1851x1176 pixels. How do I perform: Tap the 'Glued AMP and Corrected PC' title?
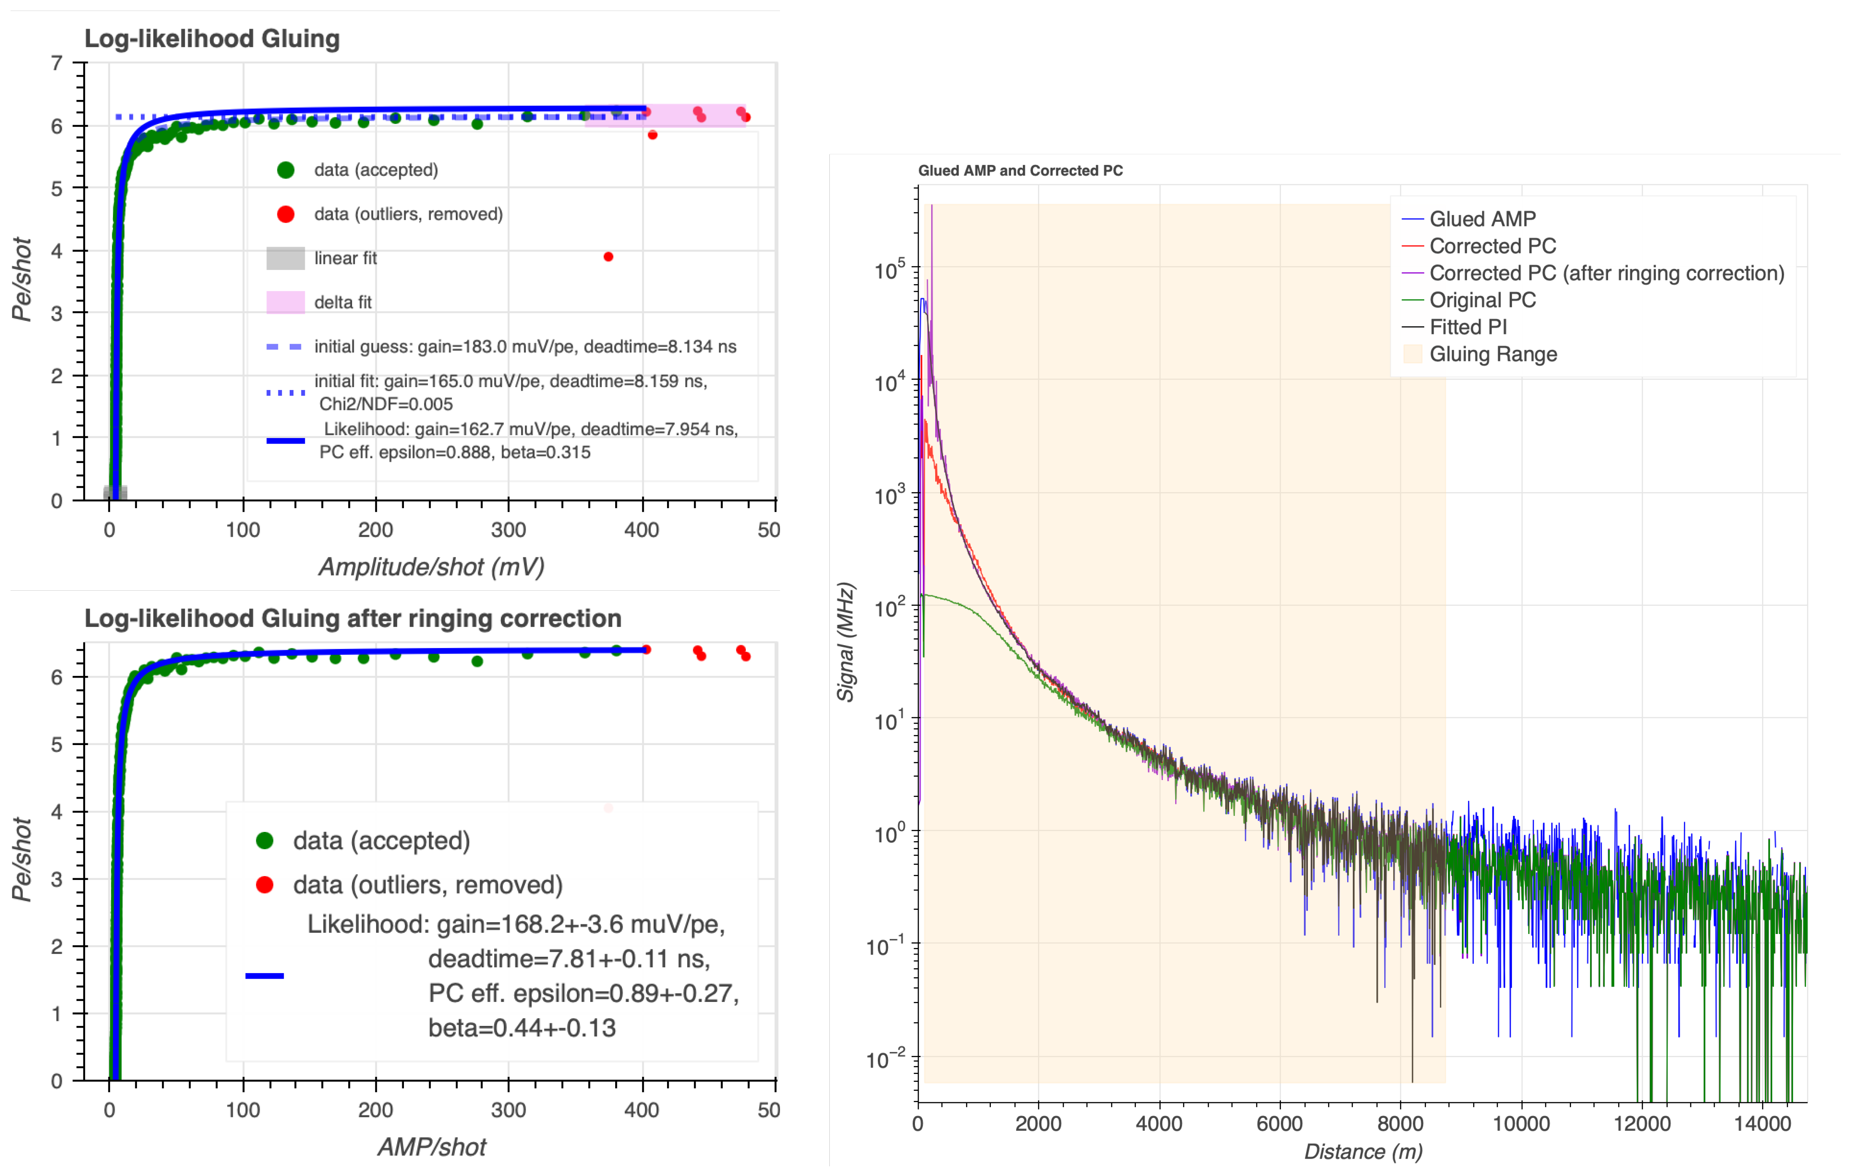[x=1020, y=171]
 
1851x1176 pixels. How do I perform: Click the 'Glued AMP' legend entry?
[x=1482, y=219]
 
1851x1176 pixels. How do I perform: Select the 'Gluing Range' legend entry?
[x=1493, y=354]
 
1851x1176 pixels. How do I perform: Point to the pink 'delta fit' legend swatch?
[x=285, y=302]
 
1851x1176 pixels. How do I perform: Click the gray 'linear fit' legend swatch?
[x=285, y=258]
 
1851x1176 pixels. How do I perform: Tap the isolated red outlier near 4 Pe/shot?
[x=608, y=257]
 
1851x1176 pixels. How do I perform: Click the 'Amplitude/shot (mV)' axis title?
[x=431, y=567]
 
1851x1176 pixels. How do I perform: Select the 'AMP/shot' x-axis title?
[x=431, y=1147]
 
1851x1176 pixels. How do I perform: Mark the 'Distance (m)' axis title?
[x=1363, y=1152]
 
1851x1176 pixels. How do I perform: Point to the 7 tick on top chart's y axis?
[x=57, y=63]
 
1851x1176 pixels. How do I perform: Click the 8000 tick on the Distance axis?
[x=1400, y=1124]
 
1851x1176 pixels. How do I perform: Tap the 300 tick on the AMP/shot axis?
[x=508, y=1110]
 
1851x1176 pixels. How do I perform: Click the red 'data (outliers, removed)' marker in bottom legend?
[x=264, y=885]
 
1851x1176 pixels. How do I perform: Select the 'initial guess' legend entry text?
[x=525, y=347]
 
